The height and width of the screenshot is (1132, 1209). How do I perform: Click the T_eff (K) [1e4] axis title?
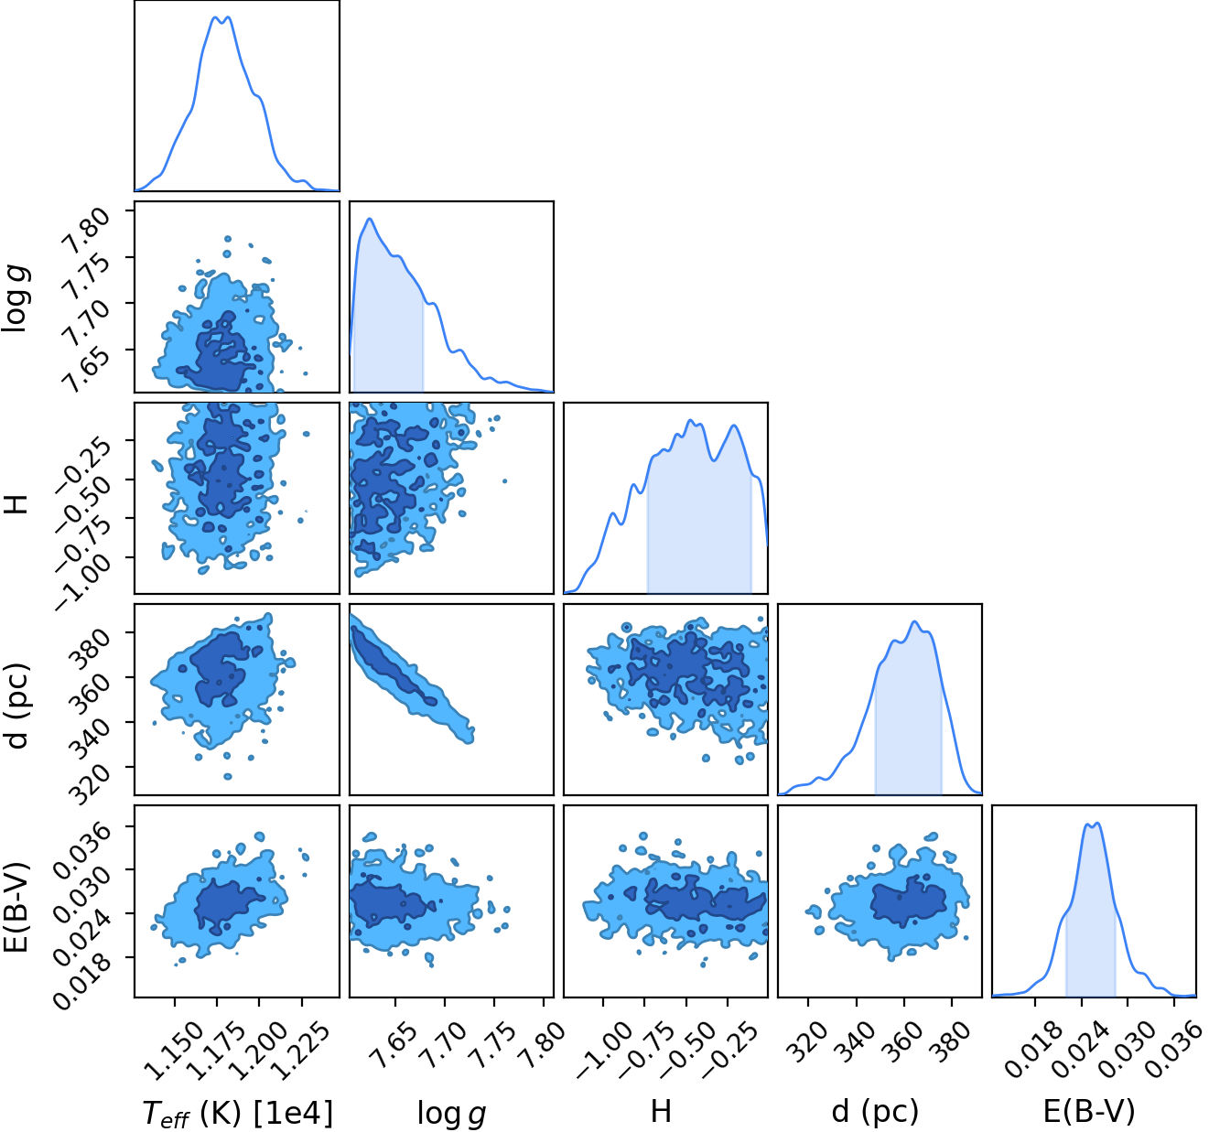(x=237, y=1112)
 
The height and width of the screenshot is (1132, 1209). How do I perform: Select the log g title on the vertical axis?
(x=16, y=298)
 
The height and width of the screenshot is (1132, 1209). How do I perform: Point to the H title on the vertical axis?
(x=16, y=504)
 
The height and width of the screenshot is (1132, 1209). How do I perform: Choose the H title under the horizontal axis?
(x=661, y=1111)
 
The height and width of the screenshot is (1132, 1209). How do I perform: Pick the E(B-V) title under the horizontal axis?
(x=1089, y=1112)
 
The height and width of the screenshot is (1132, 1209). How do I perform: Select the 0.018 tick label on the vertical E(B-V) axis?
(x=82, y=980)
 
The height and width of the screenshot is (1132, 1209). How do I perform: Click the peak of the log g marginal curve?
(x=369, y=219)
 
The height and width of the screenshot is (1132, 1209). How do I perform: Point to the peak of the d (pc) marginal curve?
(x=914, y=621)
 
